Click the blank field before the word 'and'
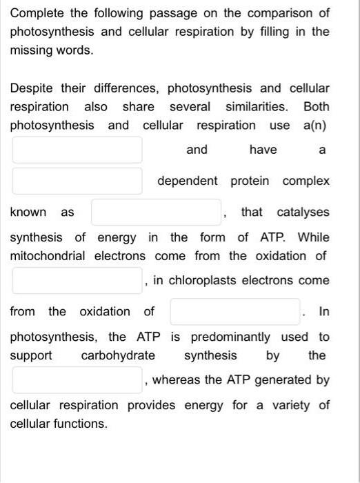(77, 150)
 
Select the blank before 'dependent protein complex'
(77, 181)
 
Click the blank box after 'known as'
(157, 212)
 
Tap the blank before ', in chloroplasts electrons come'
(77, 280)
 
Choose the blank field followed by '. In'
(235, 311)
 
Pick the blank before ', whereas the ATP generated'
(77, 379)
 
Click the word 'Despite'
(32, 88)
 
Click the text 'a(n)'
(314, 126)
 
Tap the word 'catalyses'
(303, 212)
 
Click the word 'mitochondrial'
(48, 256)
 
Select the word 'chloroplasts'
(198, 280)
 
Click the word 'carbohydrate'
(118, 355)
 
